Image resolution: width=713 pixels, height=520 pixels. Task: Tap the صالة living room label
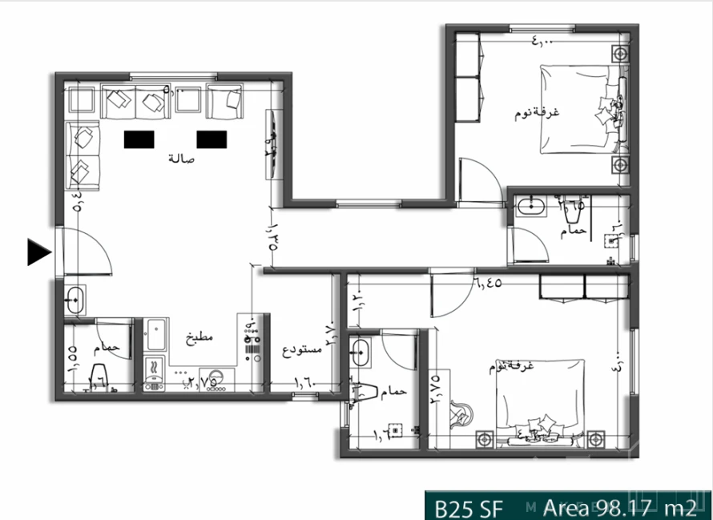(x=181, y=159)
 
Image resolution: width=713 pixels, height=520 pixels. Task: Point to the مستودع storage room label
(x=302, y=350)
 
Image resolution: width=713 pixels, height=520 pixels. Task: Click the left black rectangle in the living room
(x=139, y=139)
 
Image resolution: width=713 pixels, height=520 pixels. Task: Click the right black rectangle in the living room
(x=212, y=139)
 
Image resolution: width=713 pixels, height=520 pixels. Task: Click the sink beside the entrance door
(x=74, y=300)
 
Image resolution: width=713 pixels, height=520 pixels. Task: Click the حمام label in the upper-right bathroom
(x=574, y=231)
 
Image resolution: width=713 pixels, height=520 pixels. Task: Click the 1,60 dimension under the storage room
(x=307, y=383)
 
